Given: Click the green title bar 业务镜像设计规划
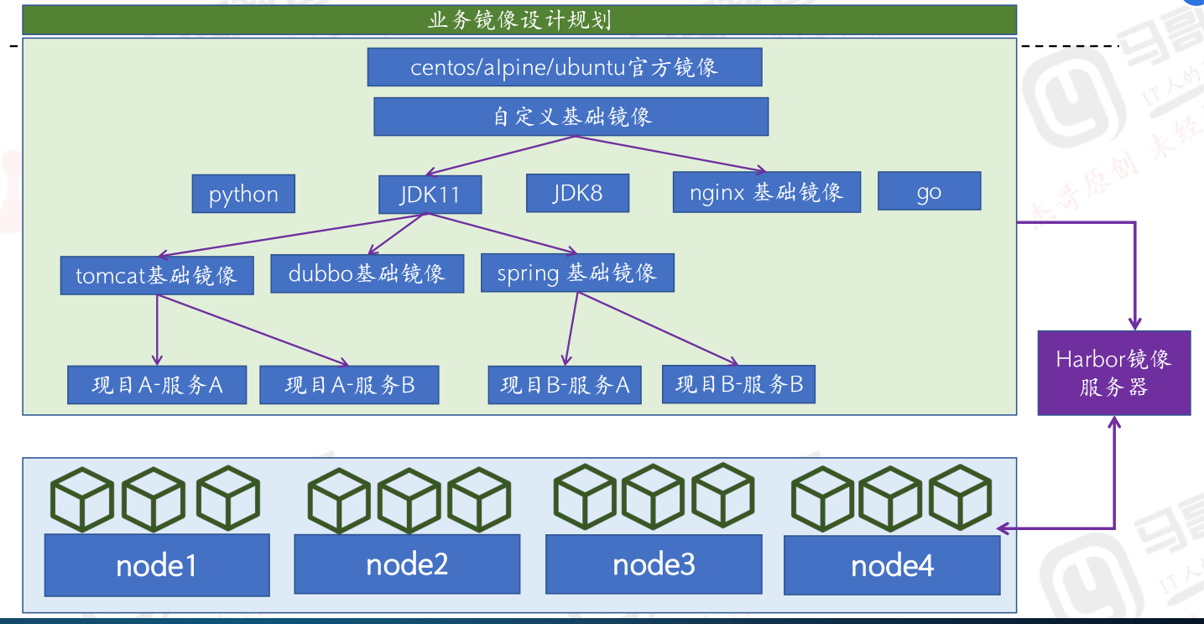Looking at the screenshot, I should coord(519,19).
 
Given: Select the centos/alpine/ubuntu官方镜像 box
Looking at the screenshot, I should coord(564,67).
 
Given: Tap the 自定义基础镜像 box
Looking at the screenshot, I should coord(571,117).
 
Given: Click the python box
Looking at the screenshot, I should coord(243,194).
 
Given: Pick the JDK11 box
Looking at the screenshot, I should coord(430,195).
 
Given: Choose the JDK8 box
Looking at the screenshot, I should coord(577,194).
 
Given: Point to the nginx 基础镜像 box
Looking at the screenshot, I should coord(766,192).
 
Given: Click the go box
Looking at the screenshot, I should coord(929,191).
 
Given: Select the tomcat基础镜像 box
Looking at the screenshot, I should coord(157,275).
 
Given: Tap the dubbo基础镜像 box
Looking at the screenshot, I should coord(367,273).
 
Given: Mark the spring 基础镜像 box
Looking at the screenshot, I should coord(577,273).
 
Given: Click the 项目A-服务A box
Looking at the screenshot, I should coord(157,385).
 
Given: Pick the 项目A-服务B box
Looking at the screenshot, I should coord(350,385).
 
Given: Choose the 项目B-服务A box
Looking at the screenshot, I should coord(565,385).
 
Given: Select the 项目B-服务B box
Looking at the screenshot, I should coord(738,384).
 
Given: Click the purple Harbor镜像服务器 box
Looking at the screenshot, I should coord(1113,372).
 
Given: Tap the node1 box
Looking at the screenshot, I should coord(157,565).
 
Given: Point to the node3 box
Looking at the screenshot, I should coord(654,564).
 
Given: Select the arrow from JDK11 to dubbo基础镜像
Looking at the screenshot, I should coord(396,234).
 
